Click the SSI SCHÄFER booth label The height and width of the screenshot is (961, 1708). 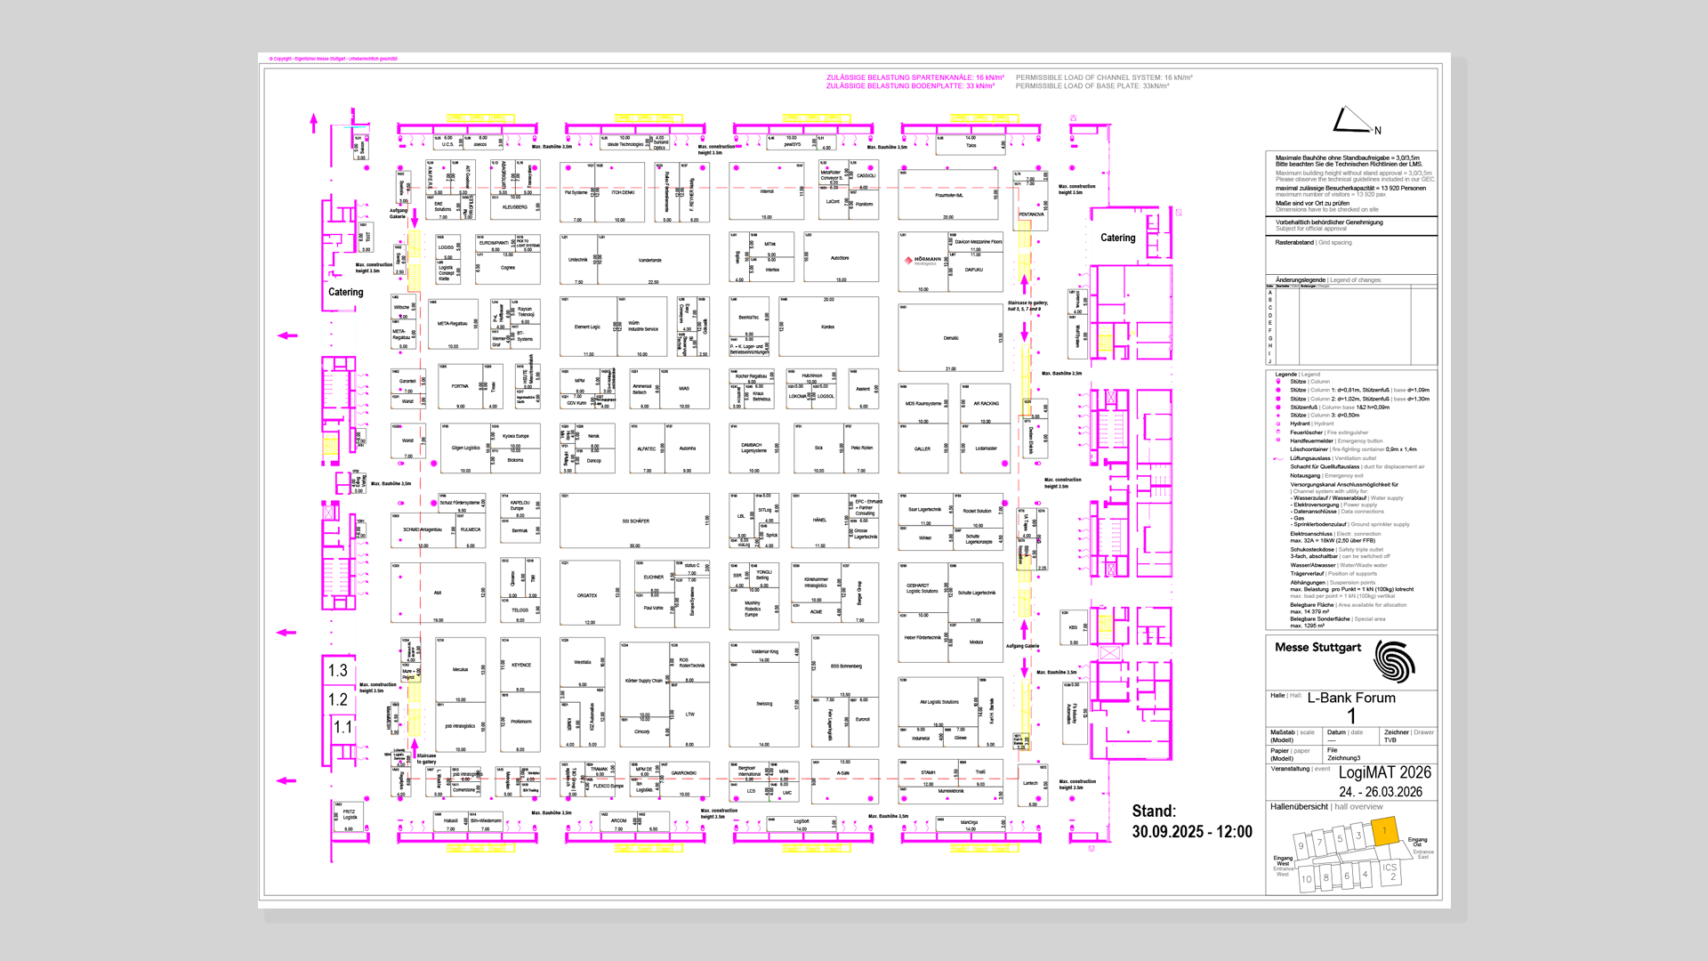tap(635, 521)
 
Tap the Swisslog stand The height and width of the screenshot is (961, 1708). tap(764, 704)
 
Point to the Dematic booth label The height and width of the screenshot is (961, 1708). tap(950, 338)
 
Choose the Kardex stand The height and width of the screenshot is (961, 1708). tap(827, 327)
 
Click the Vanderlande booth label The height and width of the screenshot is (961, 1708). tap(649, 261)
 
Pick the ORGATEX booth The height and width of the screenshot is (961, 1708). tap(587, 595)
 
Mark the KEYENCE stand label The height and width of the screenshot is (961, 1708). tap(520, 665)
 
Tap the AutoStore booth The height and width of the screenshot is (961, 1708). tap(839, 258)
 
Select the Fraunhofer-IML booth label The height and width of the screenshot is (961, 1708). tap(948, 195)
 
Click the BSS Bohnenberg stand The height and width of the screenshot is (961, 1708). tap(845, 666)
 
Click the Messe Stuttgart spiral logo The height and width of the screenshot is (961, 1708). tap(1393, 661)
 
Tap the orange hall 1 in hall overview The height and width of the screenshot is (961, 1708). tap(1384, 830)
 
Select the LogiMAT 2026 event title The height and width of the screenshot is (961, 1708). tap(1384, 772)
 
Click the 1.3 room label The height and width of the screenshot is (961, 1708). tap(338, 670)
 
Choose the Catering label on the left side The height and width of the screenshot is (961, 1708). tap(345, 292)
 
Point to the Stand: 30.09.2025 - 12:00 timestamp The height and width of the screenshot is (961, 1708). tap(1191, 821)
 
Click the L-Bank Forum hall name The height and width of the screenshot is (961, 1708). tap(1350, 698)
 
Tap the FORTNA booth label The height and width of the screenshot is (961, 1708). tap(459, 386)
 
